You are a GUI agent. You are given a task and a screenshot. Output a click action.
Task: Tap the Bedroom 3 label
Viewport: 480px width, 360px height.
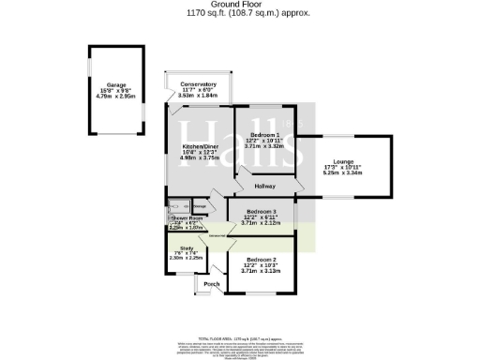click(261, 211)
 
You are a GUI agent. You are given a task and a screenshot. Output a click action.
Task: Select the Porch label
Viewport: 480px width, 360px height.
click(211, 283)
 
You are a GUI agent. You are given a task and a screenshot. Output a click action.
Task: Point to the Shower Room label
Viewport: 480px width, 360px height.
click(186, 218)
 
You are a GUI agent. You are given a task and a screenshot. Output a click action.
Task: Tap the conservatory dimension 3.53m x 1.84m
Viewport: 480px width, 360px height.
click(198, 95)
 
